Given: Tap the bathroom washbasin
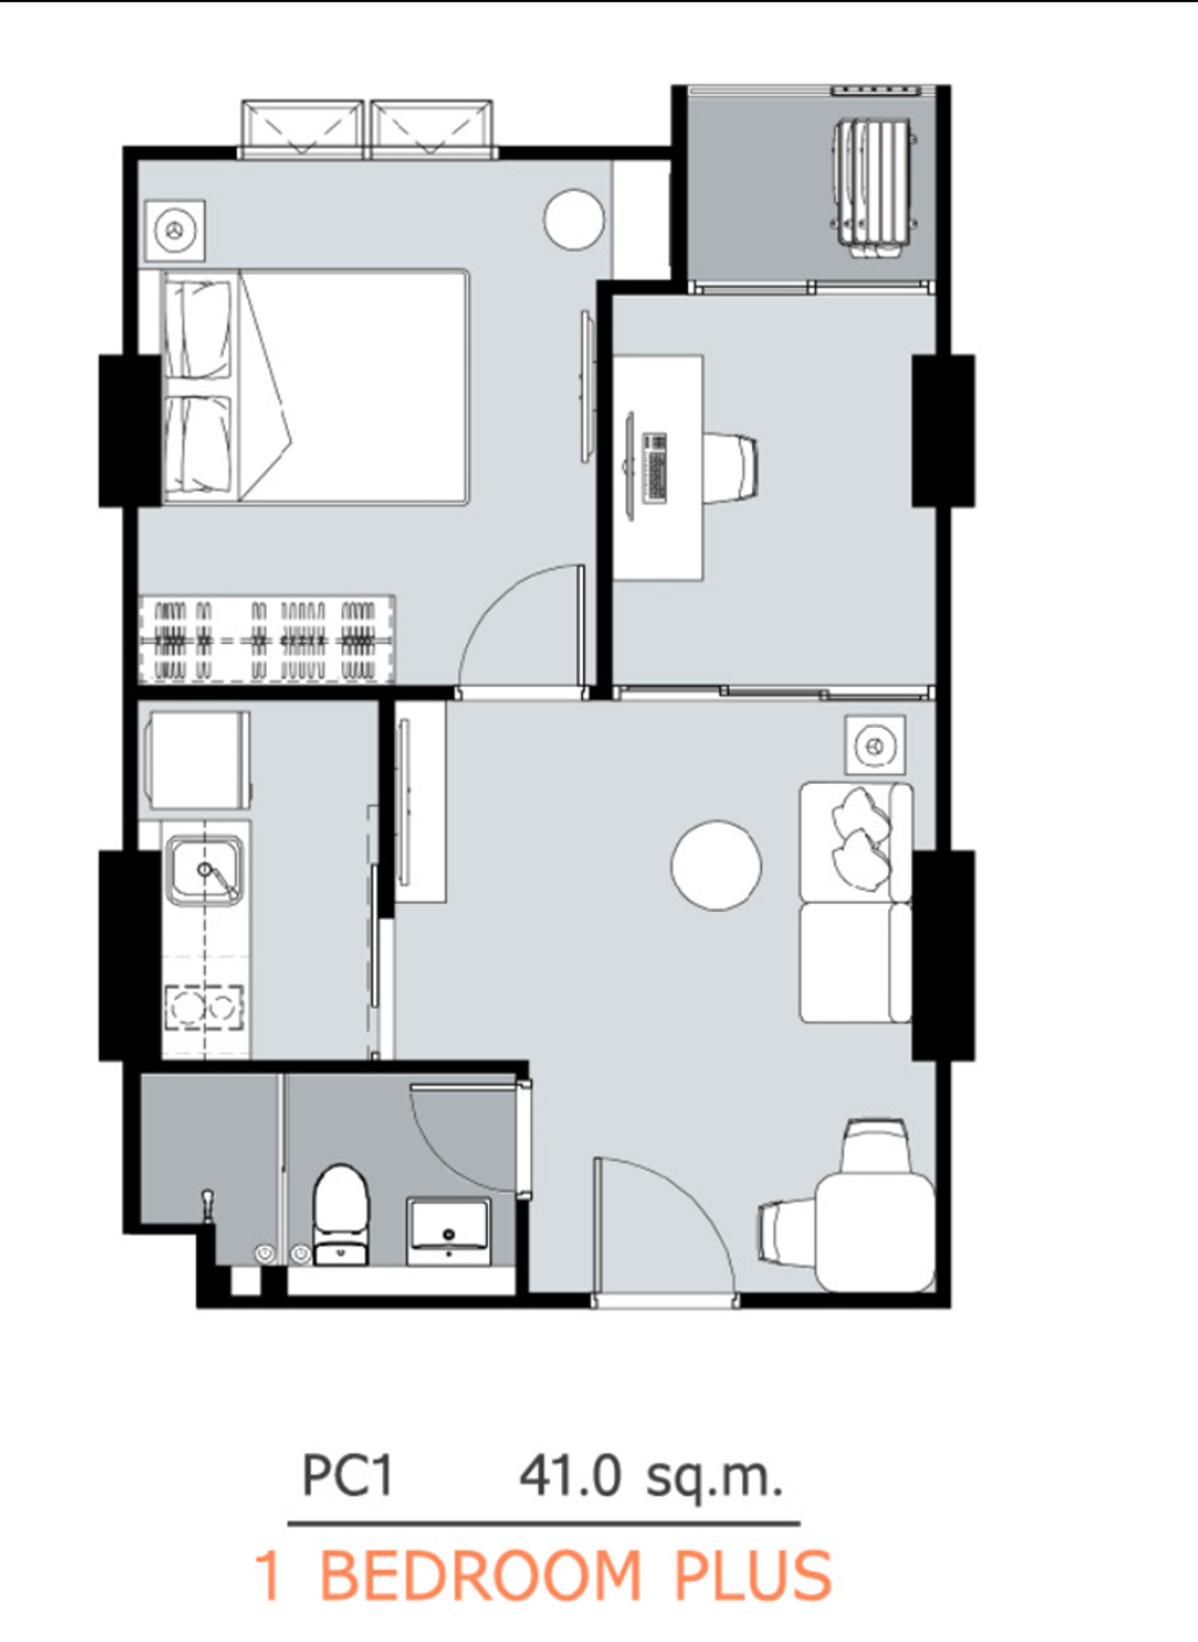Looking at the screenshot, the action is (448, 1231).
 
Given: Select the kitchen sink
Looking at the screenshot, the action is (206, 870).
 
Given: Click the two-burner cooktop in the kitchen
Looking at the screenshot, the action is (205, 1009).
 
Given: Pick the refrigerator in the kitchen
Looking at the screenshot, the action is (197, 760).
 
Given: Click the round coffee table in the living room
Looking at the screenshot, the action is (716, 865).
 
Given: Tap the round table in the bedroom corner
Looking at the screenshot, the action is (574, 219).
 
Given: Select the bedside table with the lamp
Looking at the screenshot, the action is (175, 230).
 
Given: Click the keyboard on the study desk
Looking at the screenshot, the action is (654, 467).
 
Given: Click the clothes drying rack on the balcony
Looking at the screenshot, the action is (875, 189).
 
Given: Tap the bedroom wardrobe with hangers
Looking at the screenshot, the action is (267, 639).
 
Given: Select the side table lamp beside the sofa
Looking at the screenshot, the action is (875, 745).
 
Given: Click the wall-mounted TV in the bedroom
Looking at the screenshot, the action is (586, 387).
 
